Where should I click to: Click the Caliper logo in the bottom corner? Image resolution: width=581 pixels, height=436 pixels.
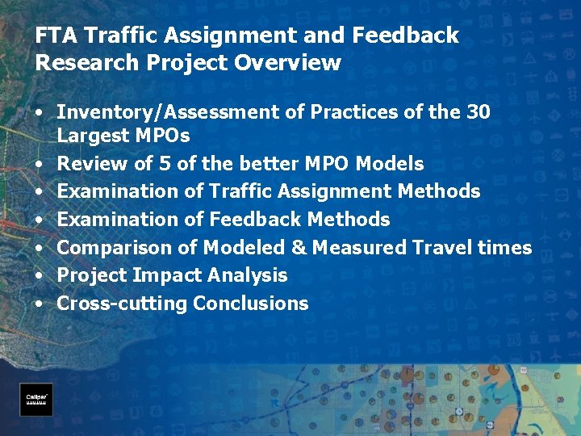point(36,399)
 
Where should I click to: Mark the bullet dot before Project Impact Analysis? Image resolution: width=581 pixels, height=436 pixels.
point(40,275)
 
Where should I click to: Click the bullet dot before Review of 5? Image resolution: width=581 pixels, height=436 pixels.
point(40,164)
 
